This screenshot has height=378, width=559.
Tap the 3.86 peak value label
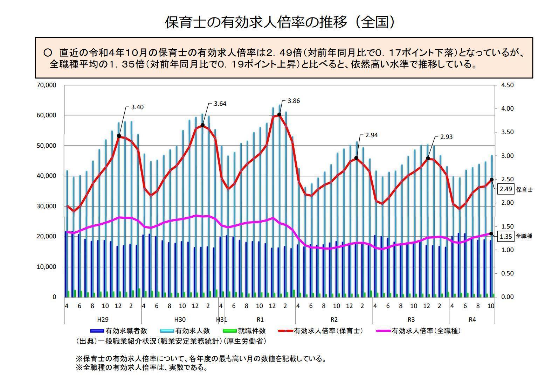(294, 101)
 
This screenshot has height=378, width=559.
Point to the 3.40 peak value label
(137, 107)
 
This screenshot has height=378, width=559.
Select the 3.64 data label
(220, 104)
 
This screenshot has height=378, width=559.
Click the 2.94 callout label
(371, 135)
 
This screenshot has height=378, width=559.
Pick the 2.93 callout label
(446, 137)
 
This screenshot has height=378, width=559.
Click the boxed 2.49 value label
(506, 189)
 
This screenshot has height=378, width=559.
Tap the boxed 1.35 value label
(506, 236)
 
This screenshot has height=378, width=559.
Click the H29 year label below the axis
(103, 320)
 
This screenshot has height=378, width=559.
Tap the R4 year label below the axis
(472, 320)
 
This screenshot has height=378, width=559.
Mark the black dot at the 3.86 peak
(279, 114)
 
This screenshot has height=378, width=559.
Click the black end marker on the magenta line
(491, 233)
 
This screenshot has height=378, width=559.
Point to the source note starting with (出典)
(171, 341)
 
